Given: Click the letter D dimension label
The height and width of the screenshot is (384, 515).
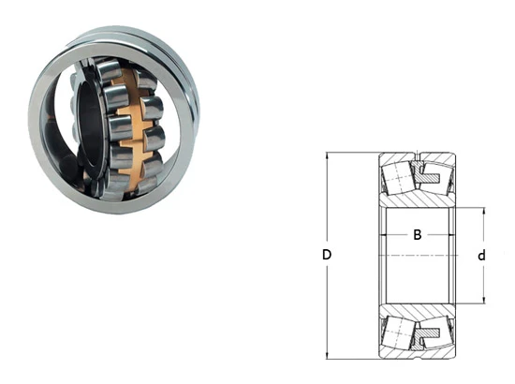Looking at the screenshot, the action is coord(327,255).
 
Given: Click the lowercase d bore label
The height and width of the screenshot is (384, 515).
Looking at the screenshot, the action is coord(481,256).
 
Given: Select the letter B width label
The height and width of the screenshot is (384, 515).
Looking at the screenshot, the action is coord(417,235).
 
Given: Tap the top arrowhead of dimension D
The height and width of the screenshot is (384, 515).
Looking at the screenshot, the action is coord(327,155).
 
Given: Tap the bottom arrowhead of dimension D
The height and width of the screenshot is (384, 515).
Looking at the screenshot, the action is coord(327,355).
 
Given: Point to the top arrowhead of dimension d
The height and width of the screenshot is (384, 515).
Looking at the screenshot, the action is coord(483,211).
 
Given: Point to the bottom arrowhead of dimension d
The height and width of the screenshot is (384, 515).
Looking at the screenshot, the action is coord(483,301).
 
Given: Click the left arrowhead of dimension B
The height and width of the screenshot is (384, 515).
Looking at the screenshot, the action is coord(383,235).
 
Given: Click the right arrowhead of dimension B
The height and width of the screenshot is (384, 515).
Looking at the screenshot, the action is coord(452,235).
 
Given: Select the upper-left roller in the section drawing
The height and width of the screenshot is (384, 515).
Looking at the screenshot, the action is coord(398,178).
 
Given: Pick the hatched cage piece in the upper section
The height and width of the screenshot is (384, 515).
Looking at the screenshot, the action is coord(426,175).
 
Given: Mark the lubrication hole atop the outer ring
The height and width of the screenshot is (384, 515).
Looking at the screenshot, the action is coord(418,155).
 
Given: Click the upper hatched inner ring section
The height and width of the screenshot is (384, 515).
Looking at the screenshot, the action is coord(418,199).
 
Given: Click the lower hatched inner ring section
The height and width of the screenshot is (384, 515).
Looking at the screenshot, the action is coord(418,311).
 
